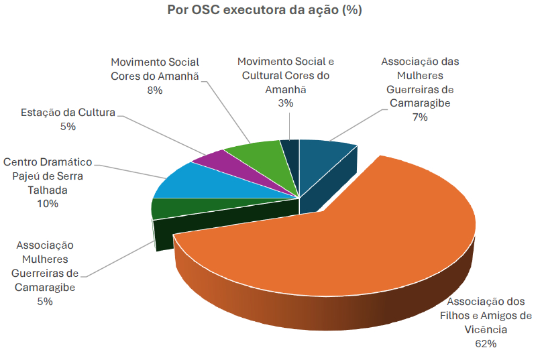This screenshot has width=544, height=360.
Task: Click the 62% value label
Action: [x=486, y=343]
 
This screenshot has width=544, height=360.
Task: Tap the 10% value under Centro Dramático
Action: [x=48, y=204]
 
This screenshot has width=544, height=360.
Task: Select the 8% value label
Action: [x=155, y=90]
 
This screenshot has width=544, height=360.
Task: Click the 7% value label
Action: [x=420, y=117]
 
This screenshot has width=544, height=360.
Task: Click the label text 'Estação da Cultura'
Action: [x=68, y=113]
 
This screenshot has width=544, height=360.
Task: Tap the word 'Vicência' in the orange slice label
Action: [x=486, y=329]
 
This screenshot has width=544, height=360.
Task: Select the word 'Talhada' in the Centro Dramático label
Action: [x=48, y=190]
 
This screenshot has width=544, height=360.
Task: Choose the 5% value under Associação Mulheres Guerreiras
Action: [x=45, y=301]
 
